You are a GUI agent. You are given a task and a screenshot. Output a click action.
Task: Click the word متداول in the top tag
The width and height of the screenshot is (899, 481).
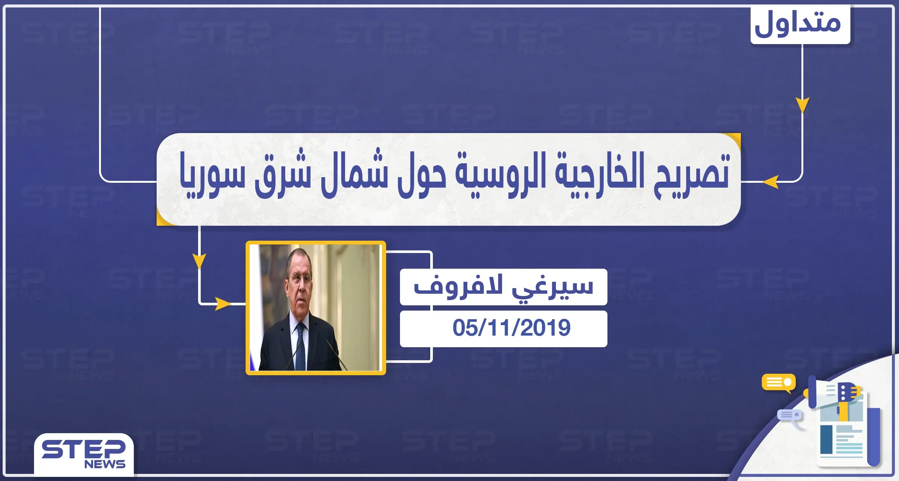pyautogui.click(x=798, y=23)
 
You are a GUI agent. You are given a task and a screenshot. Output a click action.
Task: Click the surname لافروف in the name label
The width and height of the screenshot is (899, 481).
pyautogui.click(x=458, y=286)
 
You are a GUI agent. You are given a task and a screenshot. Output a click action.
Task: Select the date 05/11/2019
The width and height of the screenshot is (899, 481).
pyautogui.click(x=511, y=328)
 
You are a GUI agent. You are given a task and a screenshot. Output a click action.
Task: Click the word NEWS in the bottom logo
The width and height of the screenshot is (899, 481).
pyautogui.click(x=105, y=464)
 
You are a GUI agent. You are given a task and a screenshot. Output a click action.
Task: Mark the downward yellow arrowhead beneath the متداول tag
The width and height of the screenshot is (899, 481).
pyautogui.click(x=802, y=105)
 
